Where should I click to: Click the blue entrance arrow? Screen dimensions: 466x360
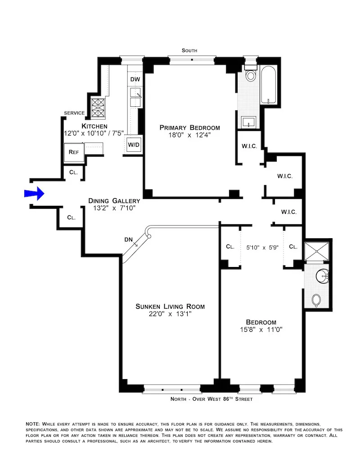pyautogui.click(x=34, y=193)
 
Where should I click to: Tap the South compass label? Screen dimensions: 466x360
pyautogui.click(x=189, y=51)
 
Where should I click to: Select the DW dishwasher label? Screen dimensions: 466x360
pyautogui.click(x=135, y=80)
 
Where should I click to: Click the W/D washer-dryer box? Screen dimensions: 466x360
pyautogui.click(x=134, y=145)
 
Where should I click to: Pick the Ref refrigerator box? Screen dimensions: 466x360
pyautogui.click(x=74, y=152)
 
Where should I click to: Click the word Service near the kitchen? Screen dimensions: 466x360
pyautogui.click(x=74, y=113)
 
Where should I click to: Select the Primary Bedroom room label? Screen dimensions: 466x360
pyautogui.click(x=189, y=127)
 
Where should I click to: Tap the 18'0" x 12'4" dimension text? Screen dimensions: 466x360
pyautogui.click(x=189, y=135)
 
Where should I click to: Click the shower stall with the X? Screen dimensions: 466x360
pyautogui.click(x=318, y=252)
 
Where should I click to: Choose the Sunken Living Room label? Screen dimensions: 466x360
pyautogui.click(x=170, y=307)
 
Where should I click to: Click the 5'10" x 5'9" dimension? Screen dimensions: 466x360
pyautogui.click(x=263, y=247)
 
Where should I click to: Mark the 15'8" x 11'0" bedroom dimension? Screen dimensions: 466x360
pyautogui.click(x=261, y=329)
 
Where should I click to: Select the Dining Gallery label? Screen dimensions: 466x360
pyautogui.click(x=114, y=201)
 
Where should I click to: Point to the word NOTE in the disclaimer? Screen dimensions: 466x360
pyautogui.click(x=32, y=424)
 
